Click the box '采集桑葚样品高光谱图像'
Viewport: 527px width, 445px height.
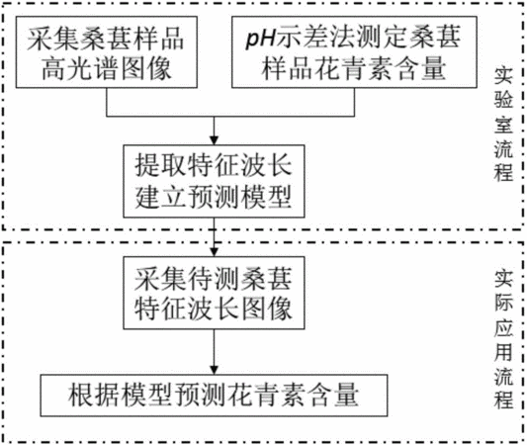(x=107, y=52)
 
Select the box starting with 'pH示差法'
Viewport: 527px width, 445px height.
(x=354, y=52)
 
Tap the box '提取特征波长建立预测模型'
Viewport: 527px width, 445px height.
(x=214, y=181)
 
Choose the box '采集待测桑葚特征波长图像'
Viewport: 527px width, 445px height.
(x=214, y=293)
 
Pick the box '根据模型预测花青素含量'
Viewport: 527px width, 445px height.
(x=214, y=396)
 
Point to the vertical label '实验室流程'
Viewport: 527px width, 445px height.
(x=503, y=125)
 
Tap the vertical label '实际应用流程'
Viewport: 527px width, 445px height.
(x=503, y=339)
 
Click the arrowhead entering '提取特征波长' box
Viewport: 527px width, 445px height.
(x=214, y=140)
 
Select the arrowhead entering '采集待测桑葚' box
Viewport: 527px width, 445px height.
(x=214, y=252)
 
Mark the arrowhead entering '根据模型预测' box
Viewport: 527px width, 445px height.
(x=214, y=370)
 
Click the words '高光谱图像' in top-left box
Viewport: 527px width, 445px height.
(x=107, y=68)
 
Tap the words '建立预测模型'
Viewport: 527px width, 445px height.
(x=214, y=197)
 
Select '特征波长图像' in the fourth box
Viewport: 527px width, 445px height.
(x=214, y=309)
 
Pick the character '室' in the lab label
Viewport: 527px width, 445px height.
(x=503, y=124)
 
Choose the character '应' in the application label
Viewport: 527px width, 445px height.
(x=503, y=326)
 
